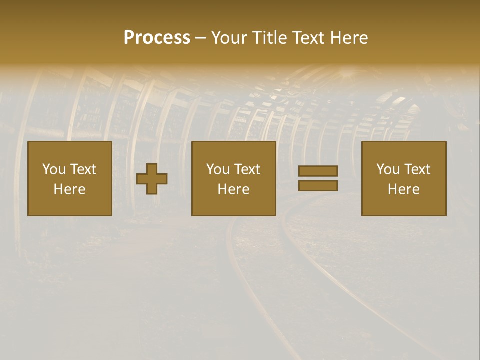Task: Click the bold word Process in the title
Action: click(157, 38)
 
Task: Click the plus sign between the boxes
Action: click(152, 179)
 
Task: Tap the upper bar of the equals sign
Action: click(318, 171)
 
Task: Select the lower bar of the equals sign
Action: click(318, 185)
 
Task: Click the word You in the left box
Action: click(54, 169)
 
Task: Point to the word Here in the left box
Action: click(69, 189)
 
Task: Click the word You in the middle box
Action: click(218, 169)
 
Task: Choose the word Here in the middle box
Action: click(233, 189)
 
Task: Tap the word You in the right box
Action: click(388, 169)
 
